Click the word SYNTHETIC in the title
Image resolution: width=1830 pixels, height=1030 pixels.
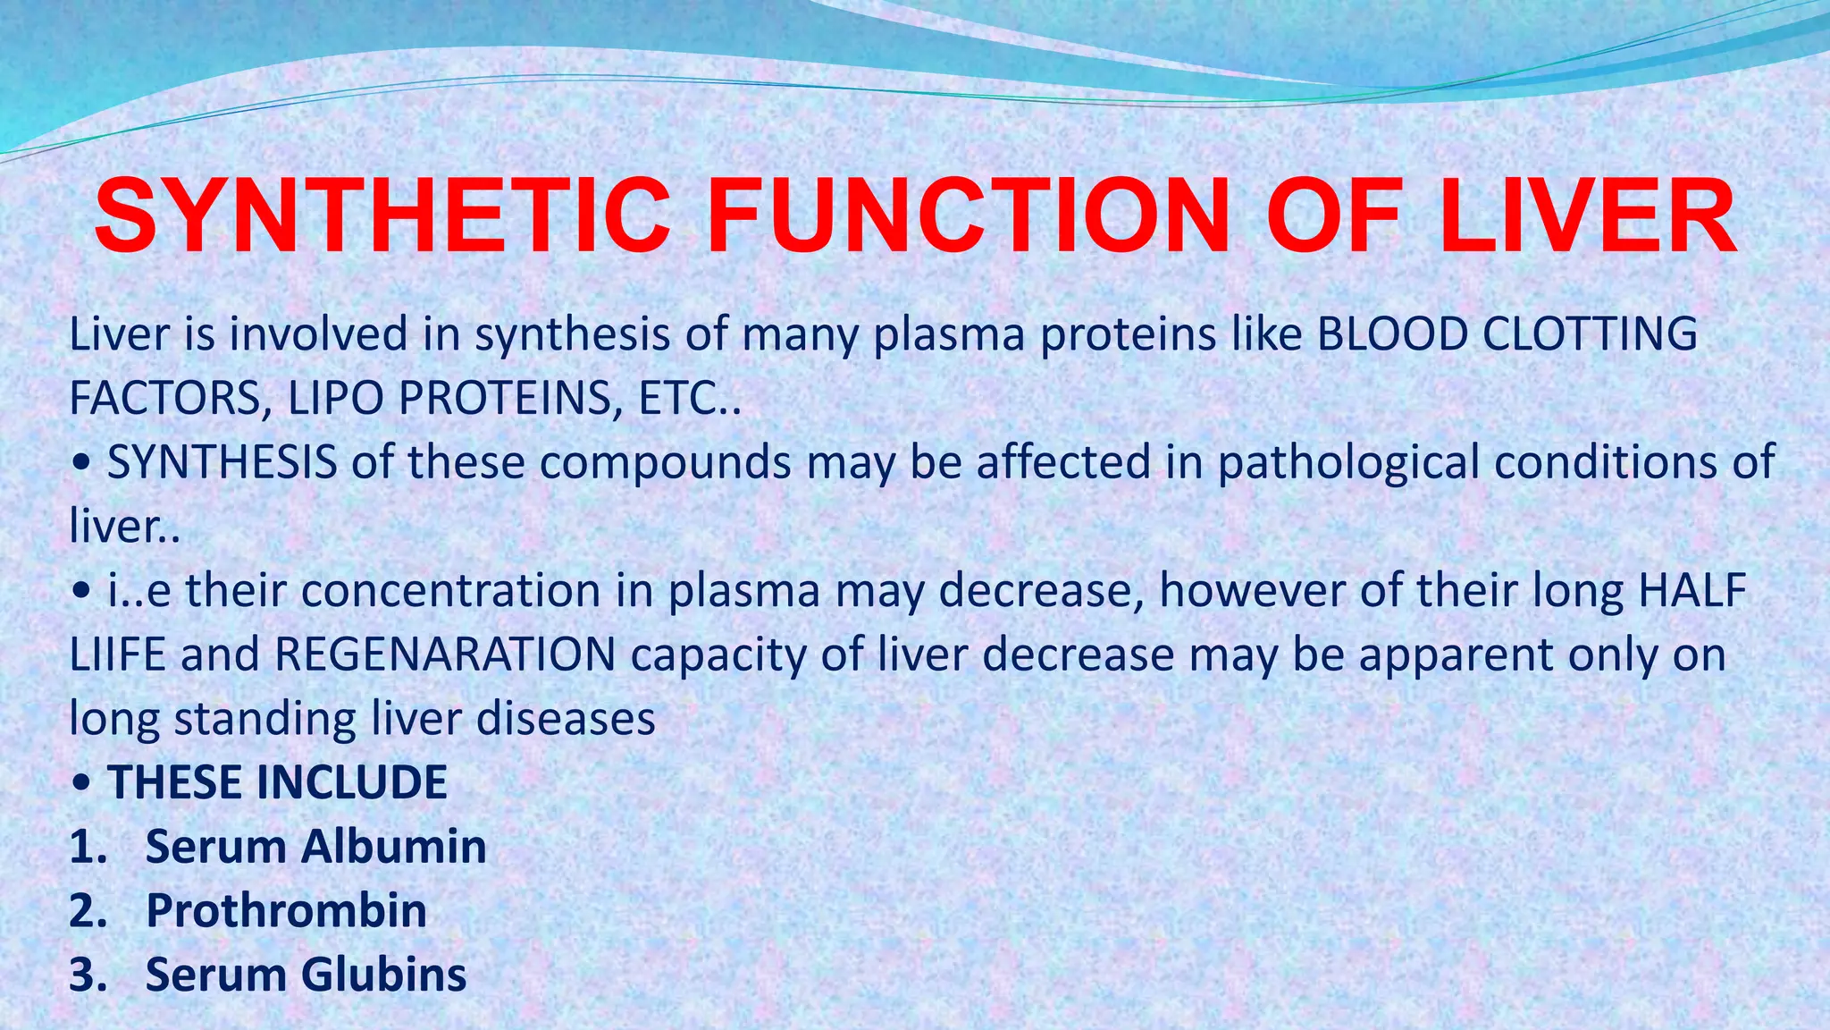point(382,217)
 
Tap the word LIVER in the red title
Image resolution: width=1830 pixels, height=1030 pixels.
point(1586,217)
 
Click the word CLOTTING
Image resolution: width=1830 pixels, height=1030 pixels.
point(1590,334)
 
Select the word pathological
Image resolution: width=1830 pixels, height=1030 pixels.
point(1349,463)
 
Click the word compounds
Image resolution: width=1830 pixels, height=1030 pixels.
point(665,463)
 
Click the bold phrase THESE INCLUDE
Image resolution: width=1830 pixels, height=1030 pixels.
point(277,782)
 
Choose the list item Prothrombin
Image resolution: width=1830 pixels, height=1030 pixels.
point(286,910)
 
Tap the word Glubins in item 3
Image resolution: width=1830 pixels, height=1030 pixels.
point(383,974)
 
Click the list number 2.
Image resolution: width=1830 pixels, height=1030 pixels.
point(88,910)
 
